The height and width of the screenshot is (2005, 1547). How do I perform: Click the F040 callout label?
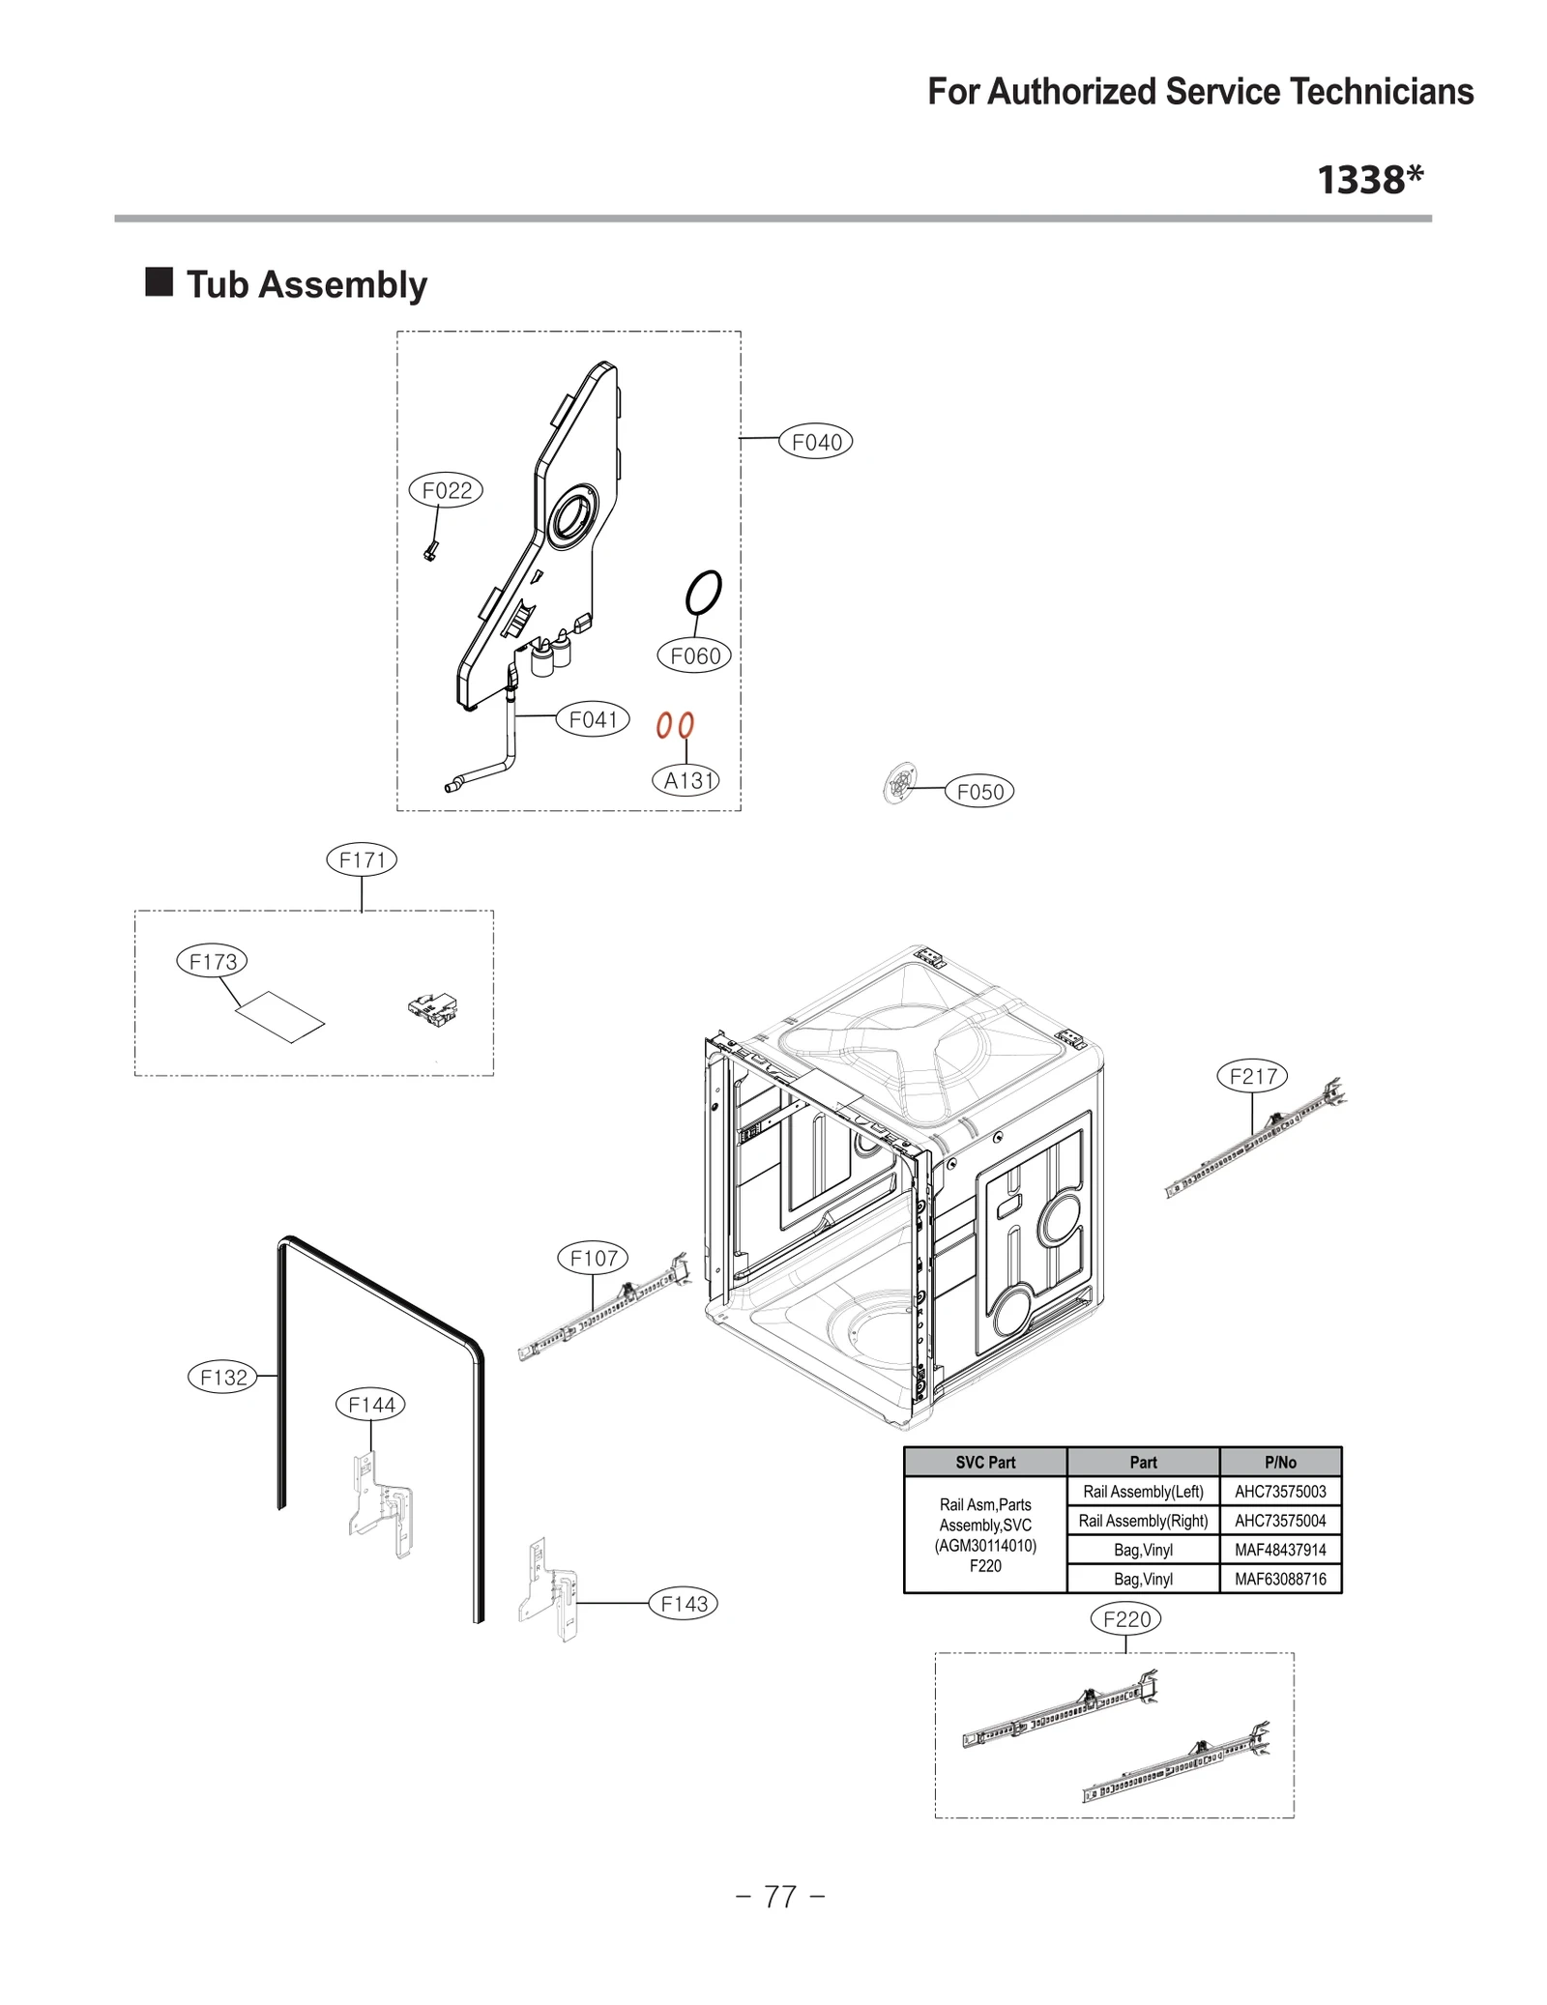(x=815, y=442)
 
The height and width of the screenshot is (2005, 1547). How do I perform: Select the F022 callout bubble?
(x=446, y=490)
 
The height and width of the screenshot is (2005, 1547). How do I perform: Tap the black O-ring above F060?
(x=703, y=592)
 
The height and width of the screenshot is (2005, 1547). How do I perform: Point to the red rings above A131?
(x=674, y=725)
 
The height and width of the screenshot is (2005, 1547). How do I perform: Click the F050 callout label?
(x=978, y=792)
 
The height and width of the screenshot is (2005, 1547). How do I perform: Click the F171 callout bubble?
(x=362, y=859)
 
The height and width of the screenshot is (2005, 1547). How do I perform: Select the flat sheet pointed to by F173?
(x=280, y=1017)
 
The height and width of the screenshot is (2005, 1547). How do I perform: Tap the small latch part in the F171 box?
(x=432, y=1009)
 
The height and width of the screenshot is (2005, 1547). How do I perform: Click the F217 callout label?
(x=1252, y=1076)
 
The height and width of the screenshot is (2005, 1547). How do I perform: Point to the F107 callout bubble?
(x=593, y=1258)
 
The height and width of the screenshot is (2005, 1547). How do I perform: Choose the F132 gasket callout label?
(x=223, y=1377)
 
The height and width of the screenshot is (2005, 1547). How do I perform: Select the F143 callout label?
(x=683, y=1604)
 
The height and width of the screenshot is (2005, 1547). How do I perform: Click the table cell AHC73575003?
(x=1279, y=1492)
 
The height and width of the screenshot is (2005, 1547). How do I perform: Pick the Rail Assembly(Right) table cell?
(x=1142, y=1521)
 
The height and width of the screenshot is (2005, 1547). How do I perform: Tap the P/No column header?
(x=1279, y=1462)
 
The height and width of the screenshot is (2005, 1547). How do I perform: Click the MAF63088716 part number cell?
(x=1279, y=1579)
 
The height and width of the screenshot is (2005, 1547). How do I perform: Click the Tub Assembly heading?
(x=306, y=285)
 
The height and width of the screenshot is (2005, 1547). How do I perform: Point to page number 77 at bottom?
(x=779, y=1897)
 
